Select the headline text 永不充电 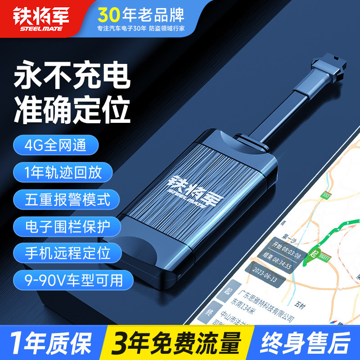72,77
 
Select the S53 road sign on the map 326,195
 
